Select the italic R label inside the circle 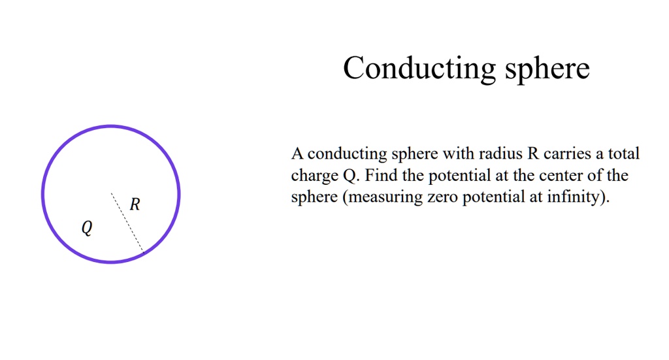[135, 205]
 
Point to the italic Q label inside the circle [87, 228]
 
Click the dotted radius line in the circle [127, 222]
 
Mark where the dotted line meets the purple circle [143, 252]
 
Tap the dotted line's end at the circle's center [111, 193]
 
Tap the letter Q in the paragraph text [347, 176]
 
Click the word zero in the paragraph [443, 197]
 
